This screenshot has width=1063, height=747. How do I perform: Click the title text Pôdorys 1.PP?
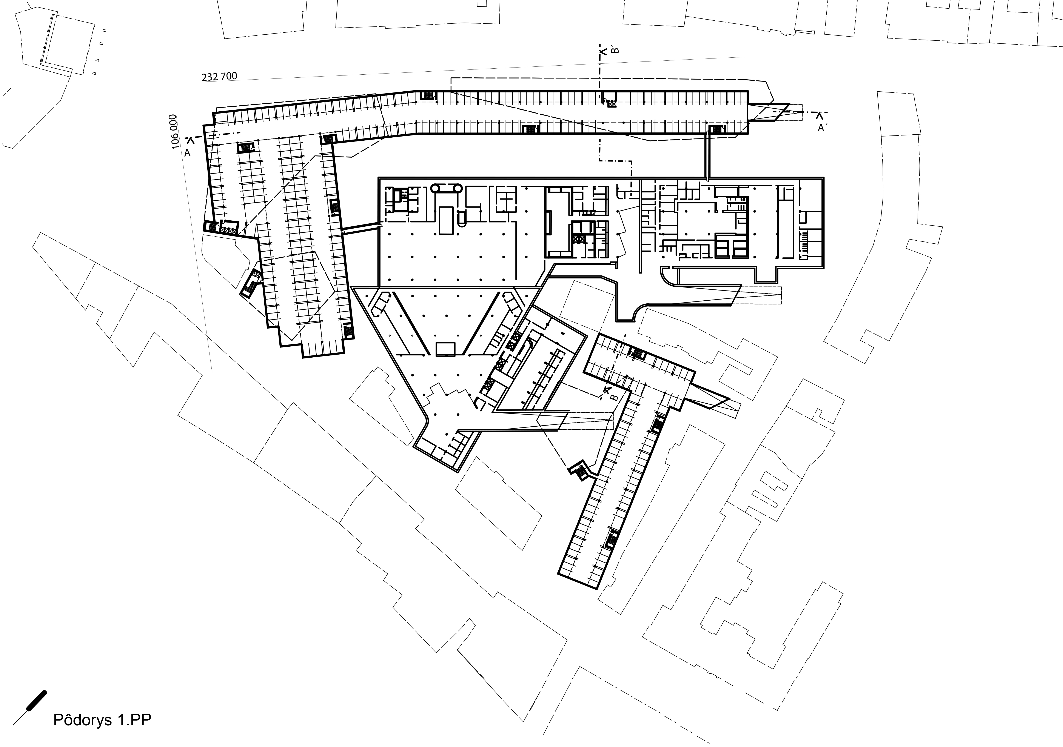[102, 720]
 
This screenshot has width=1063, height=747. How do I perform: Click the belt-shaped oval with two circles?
[446, 188]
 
